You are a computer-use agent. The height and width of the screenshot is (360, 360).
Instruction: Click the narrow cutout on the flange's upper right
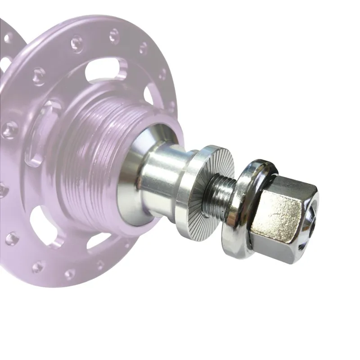click(x=148, y=94)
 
